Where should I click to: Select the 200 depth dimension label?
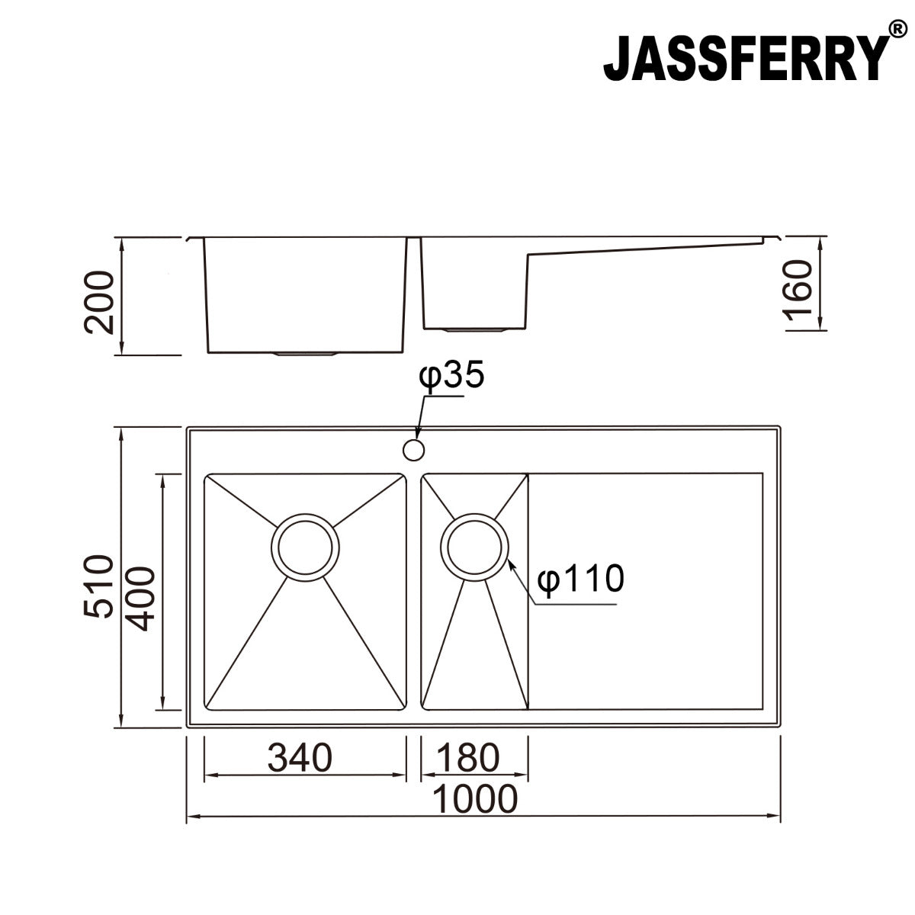[x=100, y=303]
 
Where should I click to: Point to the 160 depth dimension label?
[x=798, y=291]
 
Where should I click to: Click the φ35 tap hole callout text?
[x=451, y=376]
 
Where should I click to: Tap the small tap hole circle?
[x=413, y=450]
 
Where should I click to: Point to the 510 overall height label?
[x=100, y=586]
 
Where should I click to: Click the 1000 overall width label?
[x=475, y=799]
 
